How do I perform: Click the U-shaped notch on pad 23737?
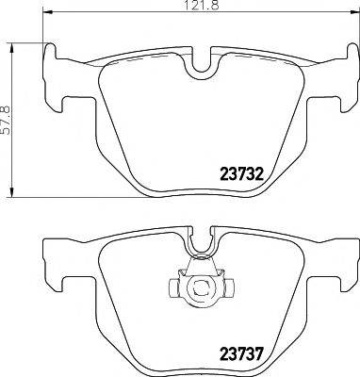[199, 244]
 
